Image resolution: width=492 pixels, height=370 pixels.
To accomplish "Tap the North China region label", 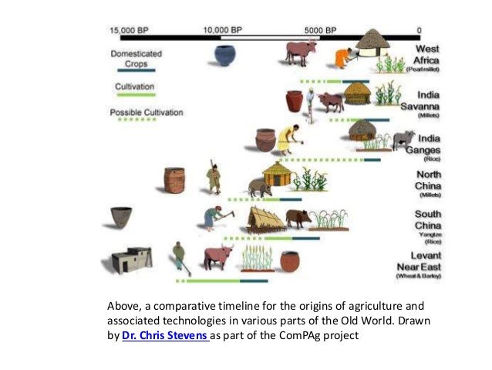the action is tap(427, 180).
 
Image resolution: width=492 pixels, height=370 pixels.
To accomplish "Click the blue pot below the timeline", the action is tap(225, 56).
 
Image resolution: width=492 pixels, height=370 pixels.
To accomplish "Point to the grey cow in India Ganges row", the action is tap(403, 140).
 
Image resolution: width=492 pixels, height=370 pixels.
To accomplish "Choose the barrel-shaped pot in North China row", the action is tap(174, 180).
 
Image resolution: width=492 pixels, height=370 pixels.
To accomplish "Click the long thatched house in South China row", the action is tap(265, 219).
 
